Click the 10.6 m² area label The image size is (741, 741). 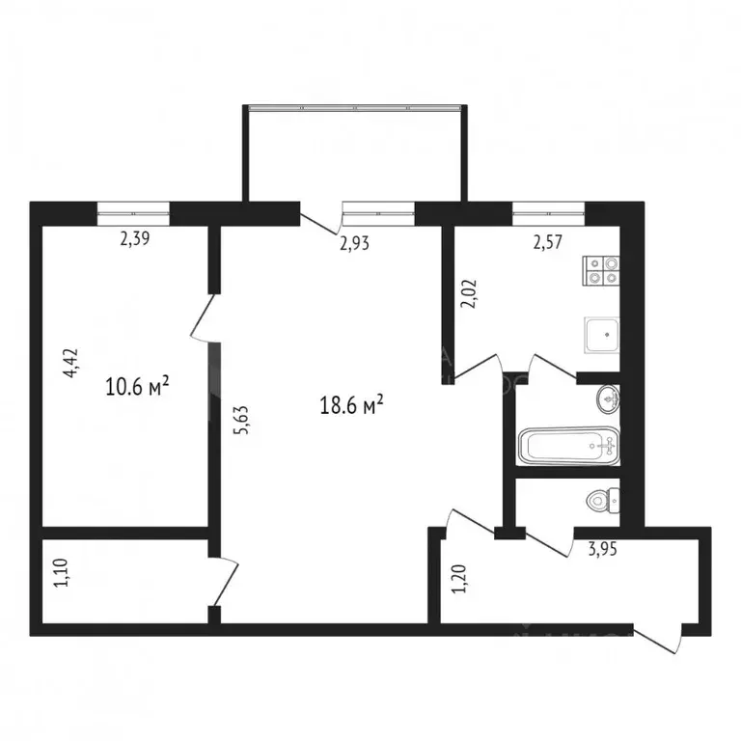click(138, 388)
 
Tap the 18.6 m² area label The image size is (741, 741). click(352, 406)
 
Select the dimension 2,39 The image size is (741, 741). click(134, 242)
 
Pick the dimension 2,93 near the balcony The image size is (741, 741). click(355, 243)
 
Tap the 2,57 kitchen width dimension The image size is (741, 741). click(549, 242)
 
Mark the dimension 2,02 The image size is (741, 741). click(469, 293)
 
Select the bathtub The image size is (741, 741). click(567, 447)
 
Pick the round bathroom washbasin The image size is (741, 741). click(606, 398)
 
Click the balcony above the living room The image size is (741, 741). click(356, 154)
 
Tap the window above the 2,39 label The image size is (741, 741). click(133, 209)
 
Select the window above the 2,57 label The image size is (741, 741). click(548, 209)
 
